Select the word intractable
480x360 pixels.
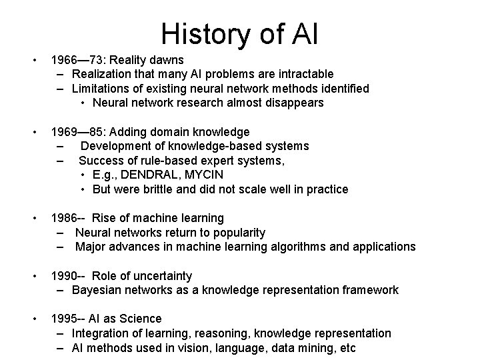tap(304, 73)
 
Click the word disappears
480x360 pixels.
tap(294, 103)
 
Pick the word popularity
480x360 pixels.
tap(233, 233)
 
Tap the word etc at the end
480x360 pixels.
tap(347, 348)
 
